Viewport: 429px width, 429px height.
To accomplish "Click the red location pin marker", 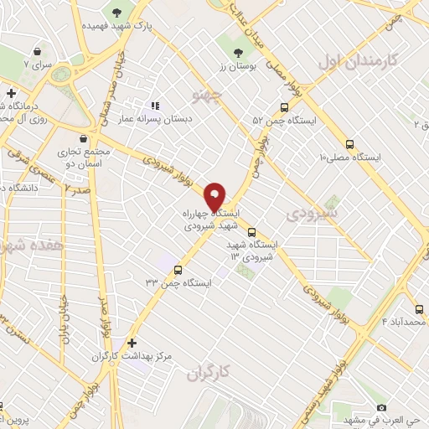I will pyautogui.click(x=215, y=197).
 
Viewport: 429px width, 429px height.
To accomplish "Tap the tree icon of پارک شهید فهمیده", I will pyautogui.click(x=116, y=13).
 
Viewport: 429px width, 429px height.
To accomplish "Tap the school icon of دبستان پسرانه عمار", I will pyautogui.click(x=154, y=106).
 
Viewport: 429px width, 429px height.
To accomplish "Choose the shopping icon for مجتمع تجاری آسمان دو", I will pyautogui.click(x=83, y=139).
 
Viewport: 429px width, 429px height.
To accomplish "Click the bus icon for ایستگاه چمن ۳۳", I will pyautogui.click(x=178, y=270).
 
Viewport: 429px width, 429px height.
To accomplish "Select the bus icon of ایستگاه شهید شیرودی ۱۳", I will pyautogui.click(x=251, y=234).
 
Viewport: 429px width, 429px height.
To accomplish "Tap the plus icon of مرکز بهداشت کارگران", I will pyautogui.click(x=131, y=343).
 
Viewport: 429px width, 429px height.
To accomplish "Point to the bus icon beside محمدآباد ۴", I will pyautogui.click(x=420, y=308).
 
